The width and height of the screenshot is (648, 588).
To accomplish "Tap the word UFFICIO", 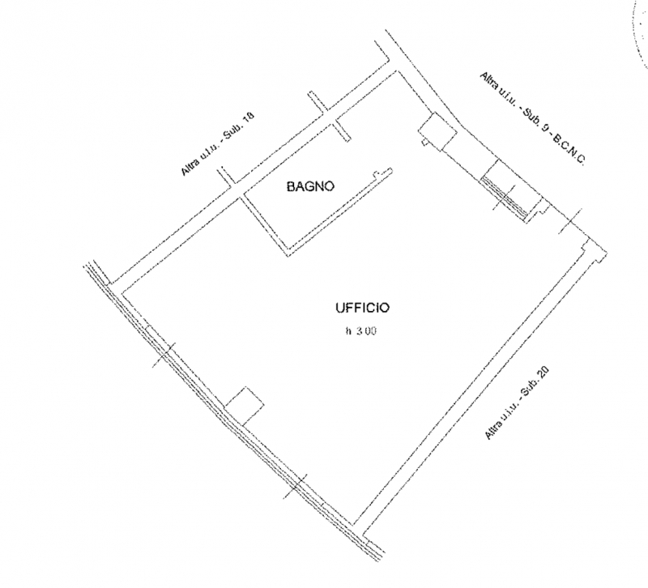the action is click(362, 308).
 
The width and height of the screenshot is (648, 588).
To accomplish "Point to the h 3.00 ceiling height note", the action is click(360, 331).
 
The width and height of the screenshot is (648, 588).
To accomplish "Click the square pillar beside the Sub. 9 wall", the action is click(438, 131).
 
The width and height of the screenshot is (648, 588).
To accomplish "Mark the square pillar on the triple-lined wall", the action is click(245, 407).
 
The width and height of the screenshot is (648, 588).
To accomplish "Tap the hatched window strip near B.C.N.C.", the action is click(504, 198).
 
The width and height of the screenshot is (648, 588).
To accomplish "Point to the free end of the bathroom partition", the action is click(390, 170).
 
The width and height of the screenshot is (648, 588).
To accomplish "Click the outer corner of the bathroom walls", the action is click(288, 256).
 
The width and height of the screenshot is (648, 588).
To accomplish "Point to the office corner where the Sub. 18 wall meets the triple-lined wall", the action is click(122, 292).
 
